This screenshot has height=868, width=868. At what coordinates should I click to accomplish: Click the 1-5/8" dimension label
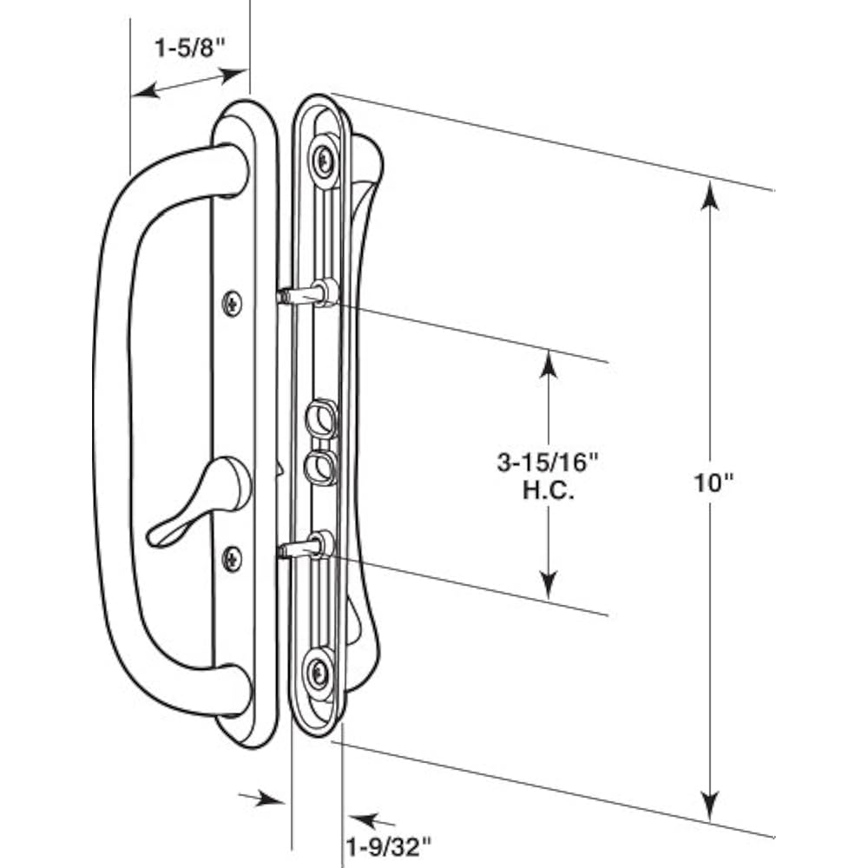pos(190,49)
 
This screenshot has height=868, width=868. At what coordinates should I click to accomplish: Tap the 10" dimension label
pos(714,483)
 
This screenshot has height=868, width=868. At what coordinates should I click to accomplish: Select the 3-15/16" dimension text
pos(549,464)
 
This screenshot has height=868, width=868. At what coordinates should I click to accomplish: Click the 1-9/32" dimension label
pos(389,843)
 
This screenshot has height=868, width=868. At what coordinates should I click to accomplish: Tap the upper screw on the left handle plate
pos(233,303)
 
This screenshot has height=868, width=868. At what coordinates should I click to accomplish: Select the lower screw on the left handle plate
pos(233,556)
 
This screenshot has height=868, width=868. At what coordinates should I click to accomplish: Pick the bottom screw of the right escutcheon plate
pos(318,672)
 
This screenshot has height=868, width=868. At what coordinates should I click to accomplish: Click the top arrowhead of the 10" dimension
pos(710,195)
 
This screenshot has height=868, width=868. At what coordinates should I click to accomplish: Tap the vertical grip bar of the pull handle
pos(113,434)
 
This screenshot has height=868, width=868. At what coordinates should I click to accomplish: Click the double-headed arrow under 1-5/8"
pos(190,83)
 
